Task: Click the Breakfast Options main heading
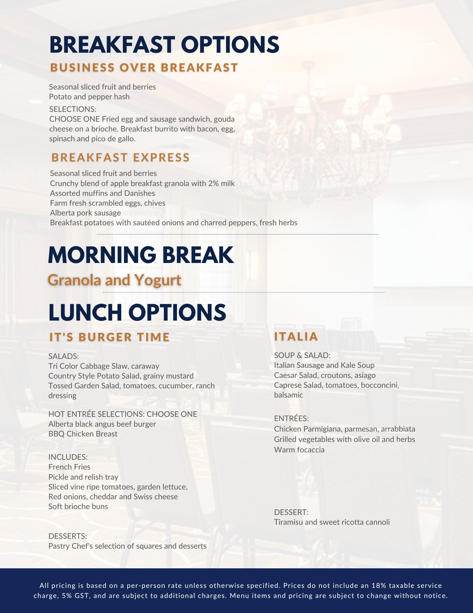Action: (x=164, y=44)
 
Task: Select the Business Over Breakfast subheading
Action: (x=144, y=68)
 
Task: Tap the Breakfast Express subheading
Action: (x=121, y=158)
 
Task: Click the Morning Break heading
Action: (x=141, y=255)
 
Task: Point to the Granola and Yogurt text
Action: (x=114, y=280)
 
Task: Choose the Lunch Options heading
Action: (x=137, y=312)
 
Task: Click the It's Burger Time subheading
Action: (x=109, y=337)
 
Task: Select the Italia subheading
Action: (x=296, y=337)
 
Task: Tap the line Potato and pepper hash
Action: (x=89, y=97)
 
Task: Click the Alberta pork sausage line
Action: (x=85, y=213)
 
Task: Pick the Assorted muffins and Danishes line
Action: (x=102, y=193)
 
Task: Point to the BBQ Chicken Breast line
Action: (x=83, y=434)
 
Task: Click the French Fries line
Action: (x=69, y=467)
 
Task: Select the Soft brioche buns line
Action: (x=78, y=507)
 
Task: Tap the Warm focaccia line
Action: (x=299, y=450)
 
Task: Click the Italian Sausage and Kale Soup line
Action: (x=324, y=365)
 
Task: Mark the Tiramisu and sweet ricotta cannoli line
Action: (x=332, y=522)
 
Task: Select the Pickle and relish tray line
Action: (x=83, y=477)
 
